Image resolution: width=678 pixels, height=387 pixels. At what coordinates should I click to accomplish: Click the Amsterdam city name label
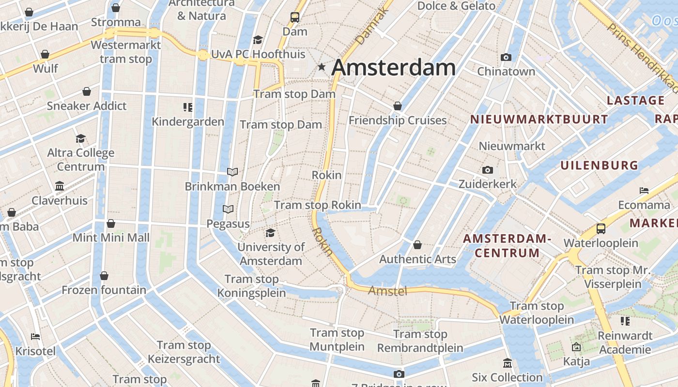pos(393,67)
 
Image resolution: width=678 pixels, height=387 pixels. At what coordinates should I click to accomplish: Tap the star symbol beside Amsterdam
pos(322,67)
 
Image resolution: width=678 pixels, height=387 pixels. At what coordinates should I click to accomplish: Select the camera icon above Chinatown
pos(506,58)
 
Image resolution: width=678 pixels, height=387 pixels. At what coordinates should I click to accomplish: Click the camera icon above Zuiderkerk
pos(488,170)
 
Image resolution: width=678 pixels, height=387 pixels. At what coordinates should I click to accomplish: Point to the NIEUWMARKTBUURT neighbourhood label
pos(539,119)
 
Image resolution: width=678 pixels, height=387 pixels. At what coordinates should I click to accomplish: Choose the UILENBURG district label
pos(600,165)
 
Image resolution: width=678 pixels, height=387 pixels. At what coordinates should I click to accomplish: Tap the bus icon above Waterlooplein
pos(601,228)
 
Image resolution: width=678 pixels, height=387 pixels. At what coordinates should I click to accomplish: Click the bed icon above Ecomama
pos(644,191)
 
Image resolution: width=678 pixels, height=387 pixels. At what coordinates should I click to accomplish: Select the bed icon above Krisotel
pos(35,337)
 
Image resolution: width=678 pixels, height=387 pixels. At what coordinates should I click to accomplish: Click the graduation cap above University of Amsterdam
pos(271,233)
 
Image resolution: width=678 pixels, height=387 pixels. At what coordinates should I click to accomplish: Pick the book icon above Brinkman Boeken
pos(232,172)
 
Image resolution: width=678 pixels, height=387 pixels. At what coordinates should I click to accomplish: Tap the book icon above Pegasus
pos(228,209)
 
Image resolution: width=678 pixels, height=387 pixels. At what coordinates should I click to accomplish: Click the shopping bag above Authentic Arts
pos(417,245)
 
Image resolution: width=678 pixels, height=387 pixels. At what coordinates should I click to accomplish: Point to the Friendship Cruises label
pos(398,120)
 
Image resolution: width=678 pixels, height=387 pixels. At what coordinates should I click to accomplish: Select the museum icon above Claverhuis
pos(60,186)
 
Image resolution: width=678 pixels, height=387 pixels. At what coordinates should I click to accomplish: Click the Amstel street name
pos(387,291)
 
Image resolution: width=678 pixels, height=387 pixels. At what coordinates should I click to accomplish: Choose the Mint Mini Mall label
pos(111,238)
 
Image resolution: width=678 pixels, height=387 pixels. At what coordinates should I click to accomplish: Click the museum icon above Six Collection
pos(507,363)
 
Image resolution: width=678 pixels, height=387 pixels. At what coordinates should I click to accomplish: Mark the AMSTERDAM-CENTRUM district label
pos(507,246)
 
